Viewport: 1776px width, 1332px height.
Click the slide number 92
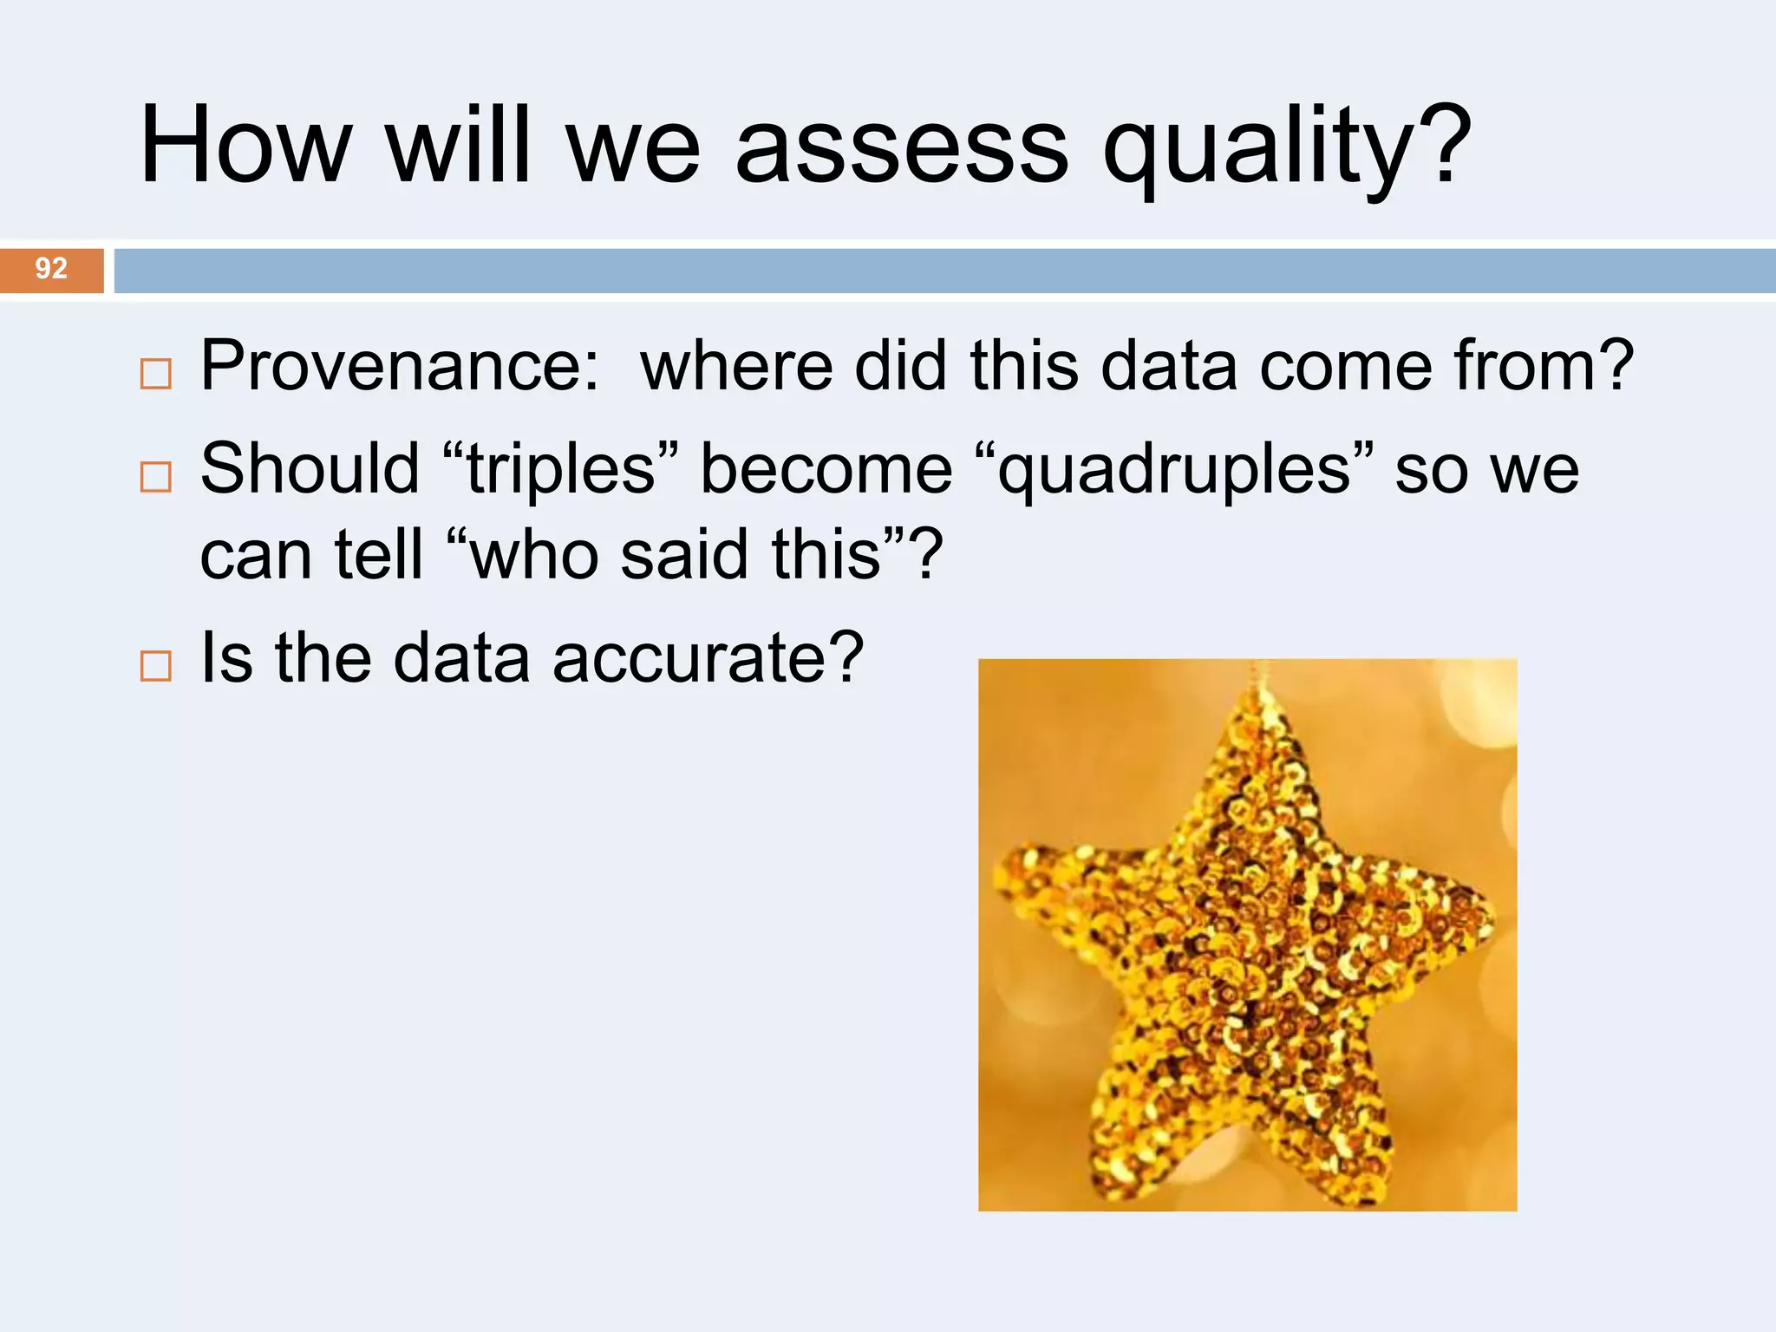51,269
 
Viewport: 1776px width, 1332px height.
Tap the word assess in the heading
902,147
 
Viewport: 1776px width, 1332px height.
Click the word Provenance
399,366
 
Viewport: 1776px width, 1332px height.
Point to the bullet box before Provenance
156,375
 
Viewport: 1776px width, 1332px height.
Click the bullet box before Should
156,477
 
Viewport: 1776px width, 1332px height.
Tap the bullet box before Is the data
156,666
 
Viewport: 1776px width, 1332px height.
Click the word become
826,470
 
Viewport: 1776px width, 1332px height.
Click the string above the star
1257,672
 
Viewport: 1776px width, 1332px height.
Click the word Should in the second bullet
310,470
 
